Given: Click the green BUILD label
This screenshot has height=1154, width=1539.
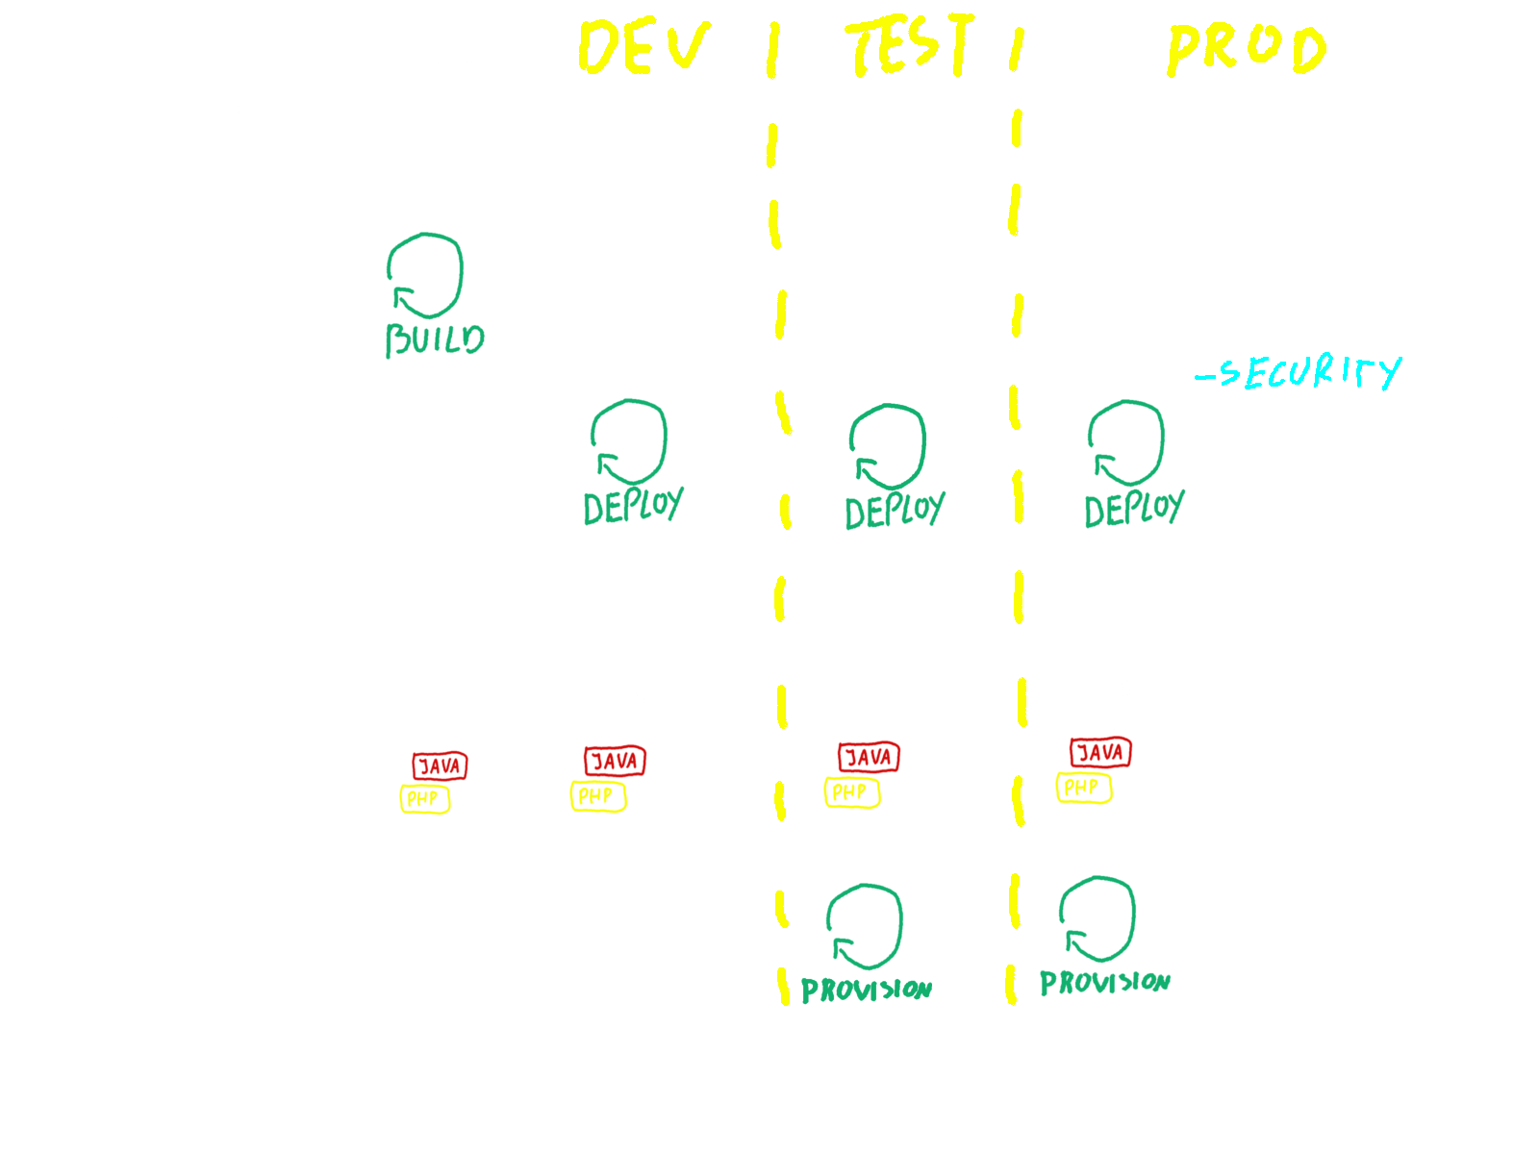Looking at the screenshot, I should [x=435, y=339].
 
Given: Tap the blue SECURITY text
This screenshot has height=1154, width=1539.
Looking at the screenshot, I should [x=1300, y=372].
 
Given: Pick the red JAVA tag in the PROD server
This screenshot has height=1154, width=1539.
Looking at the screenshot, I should [x=1100, y=752].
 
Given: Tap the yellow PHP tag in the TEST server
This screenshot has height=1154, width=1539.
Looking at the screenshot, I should [x=851, y=792].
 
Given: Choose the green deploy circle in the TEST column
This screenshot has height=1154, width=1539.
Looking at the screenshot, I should [x=888, y=445].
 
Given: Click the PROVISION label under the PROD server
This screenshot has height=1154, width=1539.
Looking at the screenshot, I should [x=1104, y=983].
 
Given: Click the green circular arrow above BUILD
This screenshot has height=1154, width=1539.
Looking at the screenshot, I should [x=425, y=275].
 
